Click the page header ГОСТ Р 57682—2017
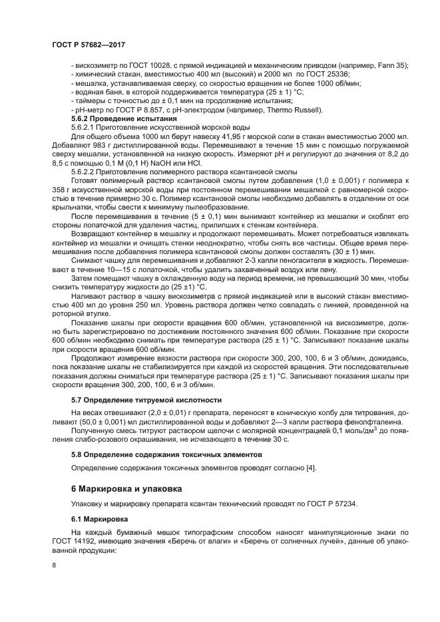click(88, 44)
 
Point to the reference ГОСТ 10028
click(138, 65)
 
